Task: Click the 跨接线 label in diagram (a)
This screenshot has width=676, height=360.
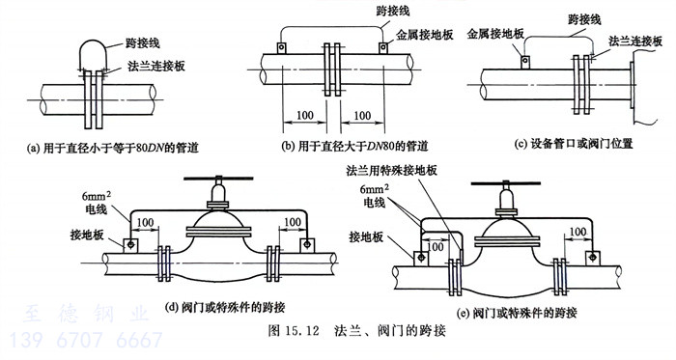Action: (x=143, y=43)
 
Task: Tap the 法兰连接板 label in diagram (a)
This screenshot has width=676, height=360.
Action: (x=156, y=66)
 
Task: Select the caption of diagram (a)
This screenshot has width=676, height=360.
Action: (x=113, y=148)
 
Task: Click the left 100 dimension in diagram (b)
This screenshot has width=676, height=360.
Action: (x=305, y=116)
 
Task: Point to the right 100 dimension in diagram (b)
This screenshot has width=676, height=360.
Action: (x=362, y=116)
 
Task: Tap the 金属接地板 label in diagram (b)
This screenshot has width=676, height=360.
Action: (x=425, y=35)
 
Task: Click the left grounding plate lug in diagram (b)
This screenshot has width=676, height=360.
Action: (x=282, y=47)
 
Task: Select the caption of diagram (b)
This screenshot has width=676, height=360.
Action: (x=354, y=147)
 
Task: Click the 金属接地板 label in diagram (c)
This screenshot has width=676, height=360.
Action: (x=495, y=34)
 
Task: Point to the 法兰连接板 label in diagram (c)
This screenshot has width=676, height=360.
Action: (x=635, y=42)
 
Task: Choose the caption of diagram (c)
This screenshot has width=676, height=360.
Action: (x=574, y=144)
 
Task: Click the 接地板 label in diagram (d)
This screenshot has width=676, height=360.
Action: (x=87, y=235)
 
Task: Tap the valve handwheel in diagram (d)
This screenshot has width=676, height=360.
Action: (x=218, y=179)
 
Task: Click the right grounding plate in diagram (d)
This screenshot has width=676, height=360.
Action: (x=307, y=245)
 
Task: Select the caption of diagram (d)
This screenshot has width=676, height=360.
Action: (x=225, y=308)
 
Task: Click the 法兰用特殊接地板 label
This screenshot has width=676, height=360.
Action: (x=391, y=171)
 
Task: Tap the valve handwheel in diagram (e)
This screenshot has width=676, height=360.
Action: (x=506, y=184)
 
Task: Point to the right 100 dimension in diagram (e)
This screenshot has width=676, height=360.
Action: (x=577, y=233)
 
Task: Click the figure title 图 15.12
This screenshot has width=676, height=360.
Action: (x=294, y=331)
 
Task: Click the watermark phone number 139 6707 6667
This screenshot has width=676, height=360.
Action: (x=86, y=340)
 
